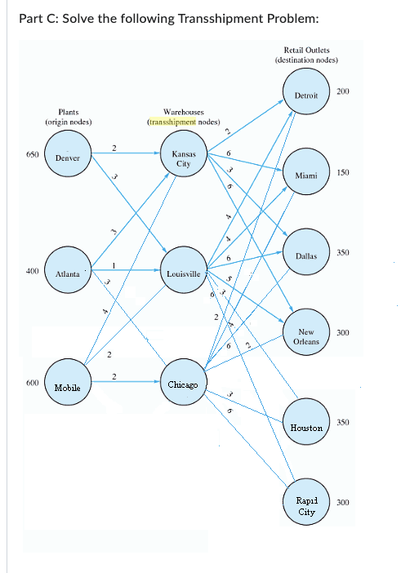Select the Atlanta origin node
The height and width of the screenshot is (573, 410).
[67, 274]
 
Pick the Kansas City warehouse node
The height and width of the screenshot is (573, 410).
[182, 158]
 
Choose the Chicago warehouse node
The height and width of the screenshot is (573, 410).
[183, 384]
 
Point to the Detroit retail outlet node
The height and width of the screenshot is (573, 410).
[305, 95]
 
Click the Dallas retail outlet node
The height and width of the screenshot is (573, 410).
[305, 256]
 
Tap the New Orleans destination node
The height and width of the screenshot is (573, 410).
[305, 337]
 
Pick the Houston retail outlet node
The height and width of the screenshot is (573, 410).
[306, 427]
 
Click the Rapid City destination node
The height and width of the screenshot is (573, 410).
[306, 506]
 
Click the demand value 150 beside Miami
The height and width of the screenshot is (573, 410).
[342, 173]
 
